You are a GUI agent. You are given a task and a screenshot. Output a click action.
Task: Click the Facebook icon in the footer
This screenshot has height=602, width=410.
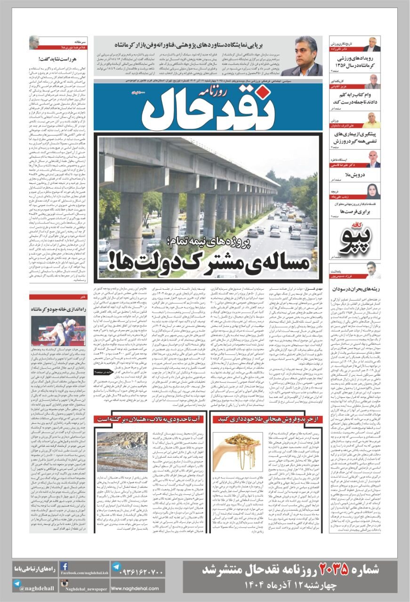64,566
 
